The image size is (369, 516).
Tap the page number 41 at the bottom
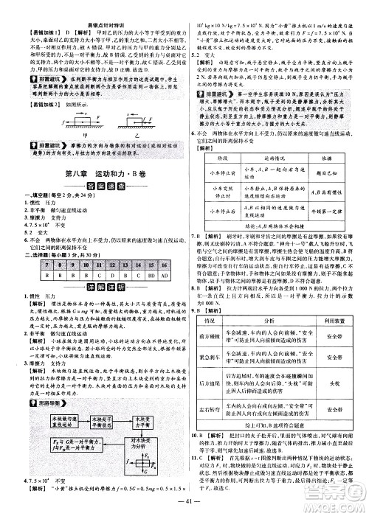[184, 501]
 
